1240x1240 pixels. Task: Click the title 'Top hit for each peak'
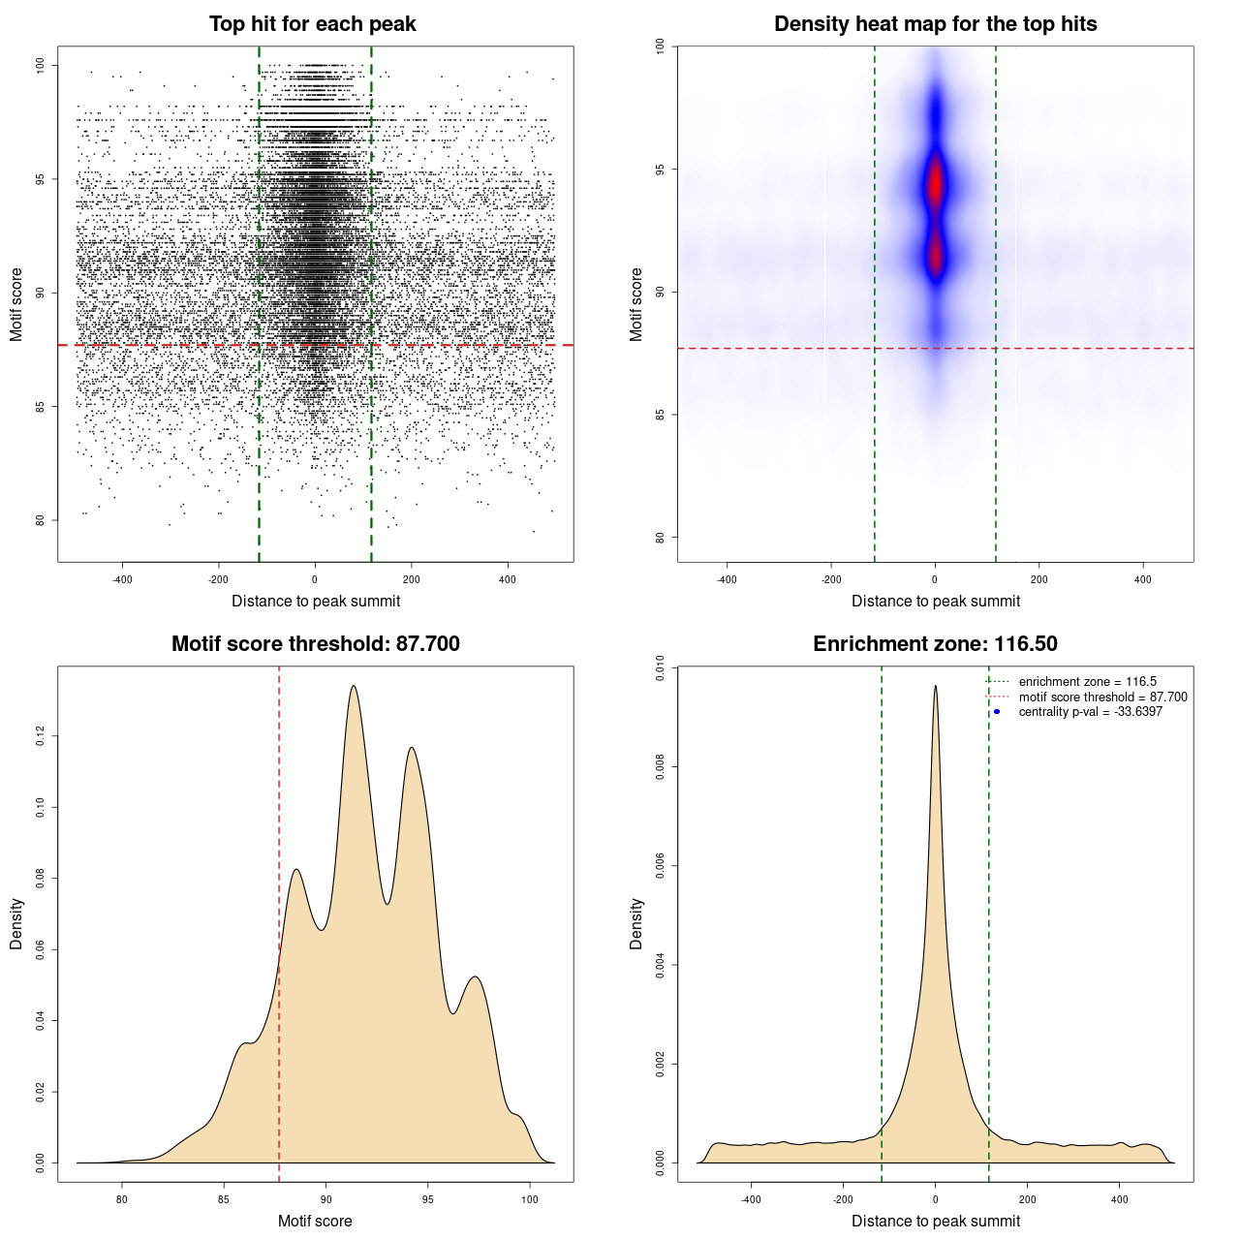click(x=312, y=24)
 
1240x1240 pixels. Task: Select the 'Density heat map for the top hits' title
click(x=935, y=24)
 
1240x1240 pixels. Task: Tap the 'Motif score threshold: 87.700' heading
click(x=315, y=644)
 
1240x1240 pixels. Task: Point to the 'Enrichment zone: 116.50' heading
click(x=935, y=644)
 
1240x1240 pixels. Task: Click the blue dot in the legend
click(x=997, y=712)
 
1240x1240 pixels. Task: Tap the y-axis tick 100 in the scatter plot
click(x=41, y=65)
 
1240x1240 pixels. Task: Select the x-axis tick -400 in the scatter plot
click(x=122, y=580)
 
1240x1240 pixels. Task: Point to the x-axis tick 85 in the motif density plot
click(x=224, y=1199)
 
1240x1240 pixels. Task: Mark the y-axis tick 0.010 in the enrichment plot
click(x=661, y=667)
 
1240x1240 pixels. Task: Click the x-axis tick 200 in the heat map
click(x=1038, y=580)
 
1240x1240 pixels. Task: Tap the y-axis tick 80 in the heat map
click(x=661, y=537)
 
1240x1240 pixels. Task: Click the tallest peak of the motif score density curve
click(x=354, y=687)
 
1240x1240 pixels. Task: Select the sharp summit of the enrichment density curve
click(x=935, y=687)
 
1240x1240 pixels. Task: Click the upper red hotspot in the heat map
click(x=935, y=184)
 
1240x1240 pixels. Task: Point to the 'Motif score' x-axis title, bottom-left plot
click(x=315, y=1222)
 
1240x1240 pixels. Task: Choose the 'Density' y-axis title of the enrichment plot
click(x=636, y=923)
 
